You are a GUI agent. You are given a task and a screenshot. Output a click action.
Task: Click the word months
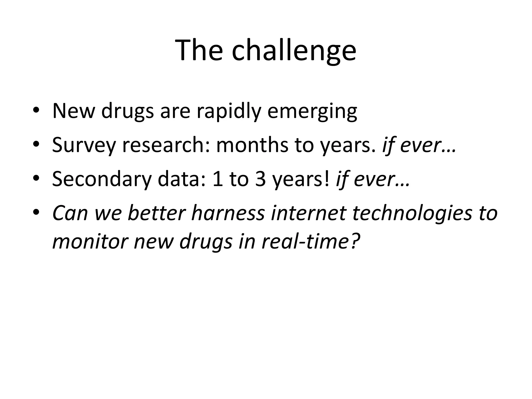[252, 145]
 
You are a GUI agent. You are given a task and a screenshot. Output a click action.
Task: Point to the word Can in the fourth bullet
[70, 213]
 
